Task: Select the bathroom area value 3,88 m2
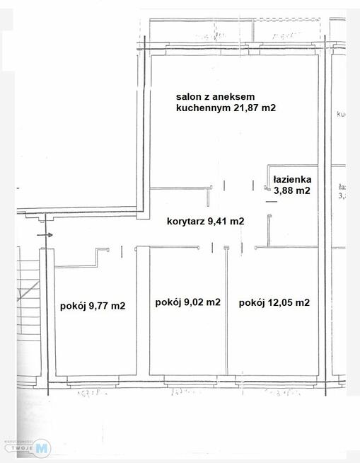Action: click(292, 190)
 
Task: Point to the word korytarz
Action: click(185, 221)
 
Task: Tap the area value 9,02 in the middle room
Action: click(194, 302)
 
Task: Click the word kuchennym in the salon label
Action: click(199, 108)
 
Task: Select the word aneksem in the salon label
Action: click(233, 96)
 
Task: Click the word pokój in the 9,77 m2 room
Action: click(72, 306)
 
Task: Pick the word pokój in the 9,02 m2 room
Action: click(167, 302)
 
